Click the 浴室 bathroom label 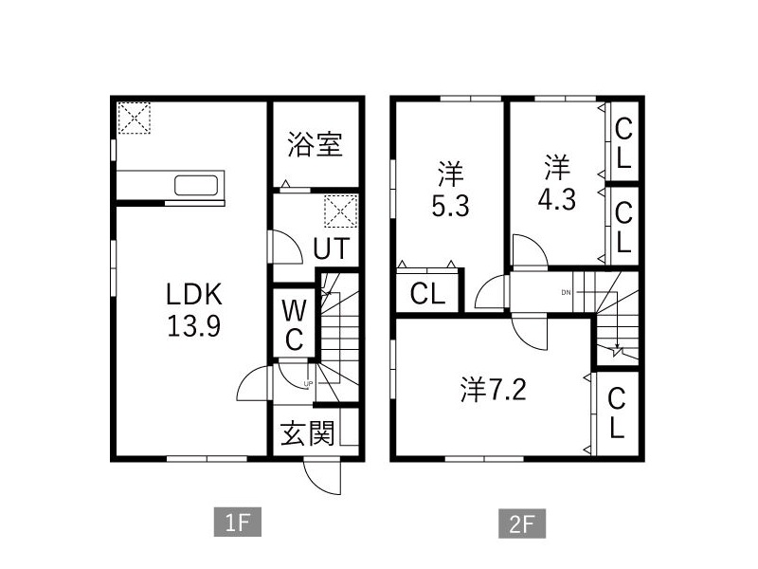[315, 145]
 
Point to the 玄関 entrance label [307, 434]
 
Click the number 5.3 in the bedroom [450, 206]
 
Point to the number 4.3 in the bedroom [556, 203]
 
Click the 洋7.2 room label [493, 389]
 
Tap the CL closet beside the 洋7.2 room [616, 413]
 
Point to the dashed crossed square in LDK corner [134, 119]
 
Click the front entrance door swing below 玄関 [320, 477]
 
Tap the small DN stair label [567, 292]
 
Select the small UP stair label [307, 383]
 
